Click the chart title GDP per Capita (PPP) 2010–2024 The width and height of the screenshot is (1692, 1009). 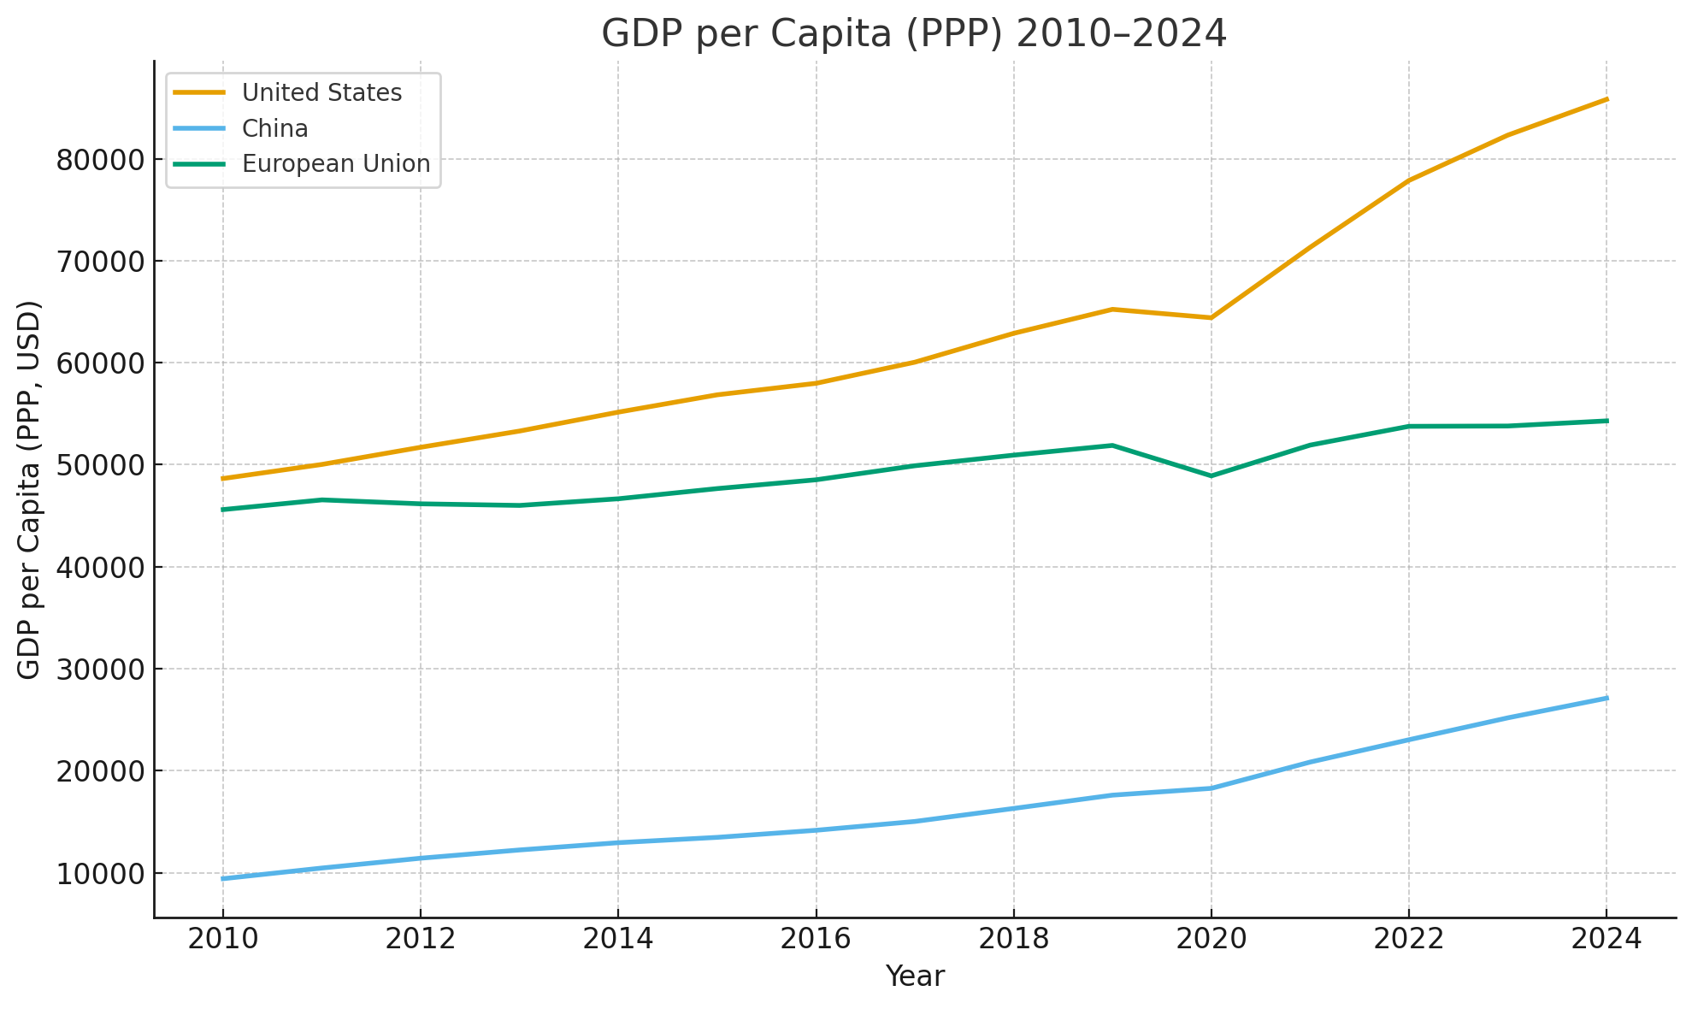tap(914, 34)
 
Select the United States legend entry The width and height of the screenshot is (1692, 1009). tap(321, 92)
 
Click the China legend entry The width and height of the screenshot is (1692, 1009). tap(274, 128)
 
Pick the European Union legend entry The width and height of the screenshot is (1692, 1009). tap(336, 163)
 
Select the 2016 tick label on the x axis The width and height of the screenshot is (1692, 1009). tap(816, 939)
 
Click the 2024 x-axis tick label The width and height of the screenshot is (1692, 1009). tap(1607, 939)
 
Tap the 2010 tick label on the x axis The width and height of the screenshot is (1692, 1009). tap(222, 939)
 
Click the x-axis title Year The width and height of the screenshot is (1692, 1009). tap(914, 977)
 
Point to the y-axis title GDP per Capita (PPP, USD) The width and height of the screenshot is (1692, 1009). tap(29, 490)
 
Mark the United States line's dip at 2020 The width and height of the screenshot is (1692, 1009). tap(1211, 318)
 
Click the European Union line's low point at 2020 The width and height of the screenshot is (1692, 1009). tap(1211, 476)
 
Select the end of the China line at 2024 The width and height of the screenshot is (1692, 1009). tap(1607, 698)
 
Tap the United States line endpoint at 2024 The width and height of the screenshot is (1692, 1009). tap(1607, 99)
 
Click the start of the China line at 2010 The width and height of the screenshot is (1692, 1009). tap(223, 878)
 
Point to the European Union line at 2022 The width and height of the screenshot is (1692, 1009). tap(1408, 426)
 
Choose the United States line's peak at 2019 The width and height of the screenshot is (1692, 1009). tap(1112, 309)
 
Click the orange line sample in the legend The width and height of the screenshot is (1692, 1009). tap(199, 92)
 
